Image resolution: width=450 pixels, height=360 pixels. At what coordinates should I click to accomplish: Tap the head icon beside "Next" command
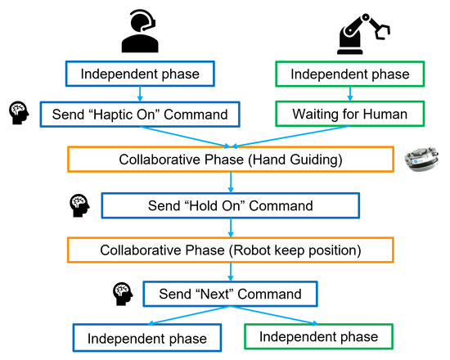coord(122,291)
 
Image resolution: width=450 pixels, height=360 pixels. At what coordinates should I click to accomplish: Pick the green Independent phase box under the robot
coord(347,74)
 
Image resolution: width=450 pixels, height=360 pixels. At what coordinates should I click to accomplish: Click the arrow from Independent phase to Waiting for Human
coord(347,93)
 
